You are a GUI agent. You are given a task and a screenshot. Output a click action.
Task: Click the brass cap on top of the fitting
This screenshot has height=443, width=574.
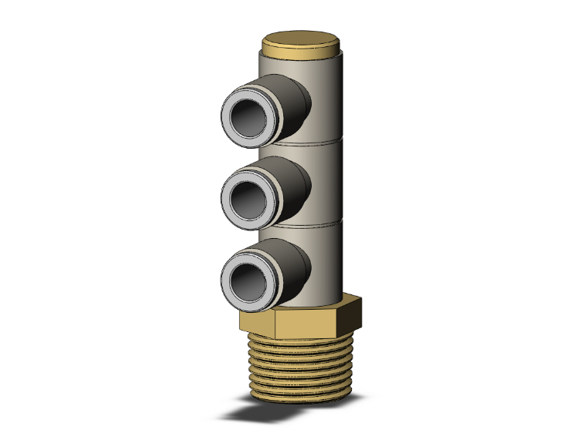[x=302, y=42]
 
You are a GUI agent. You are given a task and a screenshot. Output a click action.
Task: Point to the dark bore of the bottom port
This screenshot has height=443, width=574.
[x=250, y=274]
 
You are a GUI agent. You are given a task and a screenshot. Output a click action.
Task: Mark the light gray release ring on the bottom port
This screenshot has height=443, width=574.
[x=229, y=282]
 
